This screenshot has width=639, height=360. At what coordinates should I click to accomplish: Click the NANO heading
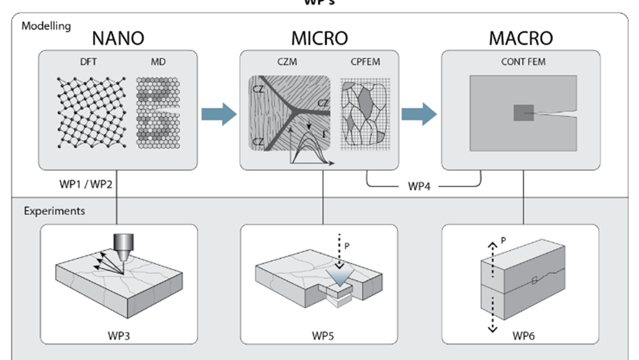point(118,38)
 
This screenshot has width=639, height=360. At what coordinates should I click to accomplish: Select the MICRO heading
point(319,38)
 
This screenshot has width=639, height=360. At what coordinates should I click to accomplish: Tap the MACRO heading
point(521,38)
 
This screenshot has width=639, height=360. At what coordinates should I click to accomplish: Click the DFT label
point(86,62)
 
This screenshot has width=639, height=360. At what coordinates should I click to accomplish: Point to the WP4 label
point(423,186)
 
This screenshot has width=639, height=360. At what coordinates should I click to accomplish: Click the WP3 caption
point(118,336)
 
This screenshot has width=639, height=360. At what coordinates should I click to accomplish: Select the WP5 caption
point(322,336)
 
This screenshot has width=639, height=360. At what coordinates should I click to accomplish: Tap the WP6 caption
point(524,336)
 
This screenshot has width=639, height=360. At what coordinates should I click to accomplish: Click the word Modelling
point(46,26)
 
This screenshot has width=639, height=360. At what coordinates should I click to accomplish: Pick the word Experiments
point(54,211)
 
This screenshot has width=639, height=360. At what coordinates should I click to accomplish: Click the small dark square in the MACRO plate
point(524,112)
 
